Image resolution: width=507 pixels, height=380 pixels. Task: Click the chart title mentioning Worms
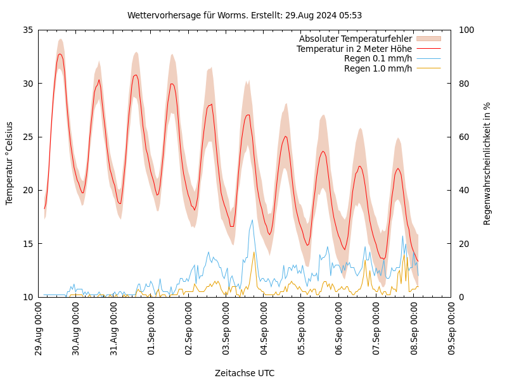245,15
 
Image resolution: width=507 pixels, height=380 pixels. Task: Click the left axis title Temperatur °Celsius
10,163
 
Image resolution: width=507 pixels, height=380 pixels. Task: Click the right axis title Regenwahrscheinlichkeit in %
487,163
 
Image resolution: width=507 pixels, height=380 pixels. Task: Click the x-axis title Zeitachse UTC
245,373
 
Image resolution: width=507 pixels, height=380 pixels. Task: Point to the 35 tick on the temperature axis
27,30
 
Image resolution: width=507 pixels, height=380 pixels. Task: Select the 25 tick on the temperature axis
27,137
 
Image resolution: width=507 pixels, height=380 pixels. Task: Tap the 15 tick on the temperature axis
27,243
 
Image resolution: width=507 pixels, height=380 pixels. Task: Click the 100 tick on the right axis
466,30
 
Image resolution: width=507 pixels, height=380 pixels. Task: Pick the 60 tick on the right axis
463,137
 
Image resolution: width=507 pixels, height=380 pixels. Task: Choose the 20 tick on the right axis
463,243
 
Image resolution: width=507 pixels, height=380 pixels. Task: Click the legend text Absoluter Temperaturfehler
355,39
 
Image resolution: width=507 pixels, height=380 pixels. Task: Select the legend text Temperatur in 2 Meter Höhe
354,49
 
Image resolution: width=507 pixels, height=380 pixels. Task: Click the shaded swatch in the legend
428,39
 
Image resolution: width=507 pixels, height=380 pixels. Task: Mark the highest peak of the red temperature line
60,54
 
